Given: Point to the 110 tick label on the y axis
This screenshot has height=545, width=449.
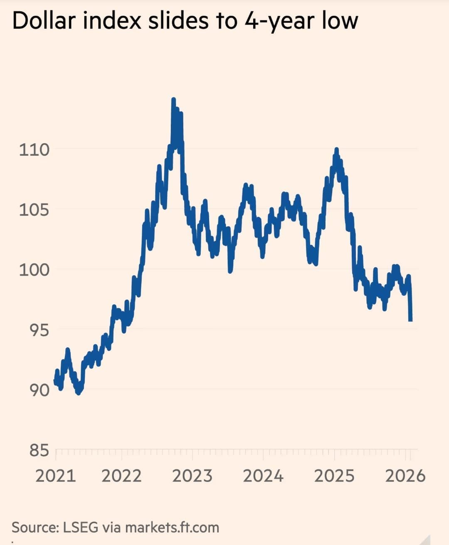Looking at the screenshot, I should pyautogui.click(x=34, y=149).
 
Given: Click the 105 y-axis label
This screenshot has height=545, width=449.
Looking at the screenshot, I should pyautogui.click(x=34, y=210).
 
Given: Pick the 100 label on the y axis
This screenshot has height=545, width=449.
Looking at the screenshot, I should pyautogui.click(x=34, y=270).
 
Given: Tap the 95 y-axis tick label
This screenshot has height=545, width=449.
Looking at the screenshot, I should pyautogui.click(x=39, y=330).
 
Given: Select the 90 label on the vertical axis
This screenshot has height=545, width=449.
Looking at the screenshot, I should pyautogui.click(x=39, y=390).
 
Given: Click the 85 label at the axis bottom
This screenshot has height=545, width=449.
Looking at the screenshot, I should pyautogui.click(x=39, y=450).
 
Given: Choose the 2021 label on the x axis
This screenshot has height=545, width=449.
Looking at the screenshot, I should pyautogui.click(x=56, y=476).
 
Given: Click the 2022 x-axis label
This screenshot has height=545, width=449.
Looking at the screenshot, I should pyautogui.click(x=122, y=476).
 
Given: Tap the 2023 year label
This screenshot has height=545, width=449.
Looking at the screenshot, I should pyautogui.click(x=192, y=476).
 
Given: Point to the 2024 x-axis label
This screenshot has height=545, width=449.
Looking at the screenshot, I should pyautogui.click(x=263, y=476).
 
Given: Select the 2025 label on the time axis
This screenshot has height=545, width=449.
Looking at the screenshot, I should pyautogui.click(x=334, y=476).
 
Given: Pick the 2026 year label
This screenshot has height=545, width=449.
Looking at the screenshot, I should pyautogui.click(x=405, y=476).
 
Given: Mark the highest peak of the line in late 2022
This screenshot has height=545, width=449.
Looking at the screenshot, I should pyautogui.click(x=173, y=100).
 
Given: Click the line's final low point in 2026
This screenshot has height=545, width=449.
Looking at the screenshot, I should pyautogui.click(x=411, y=320).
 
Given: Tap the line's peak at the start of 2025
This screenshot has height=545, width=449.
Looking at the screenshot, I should pyautogui.click(x=336, y=149).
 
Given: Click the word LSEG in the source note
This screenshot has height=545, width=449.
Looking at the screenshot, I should pyautogui.click(x=81, y=527).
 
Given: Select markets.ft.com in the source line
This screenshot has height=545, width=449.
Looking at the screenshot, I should pyautogui.click(x=172, y=527).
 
